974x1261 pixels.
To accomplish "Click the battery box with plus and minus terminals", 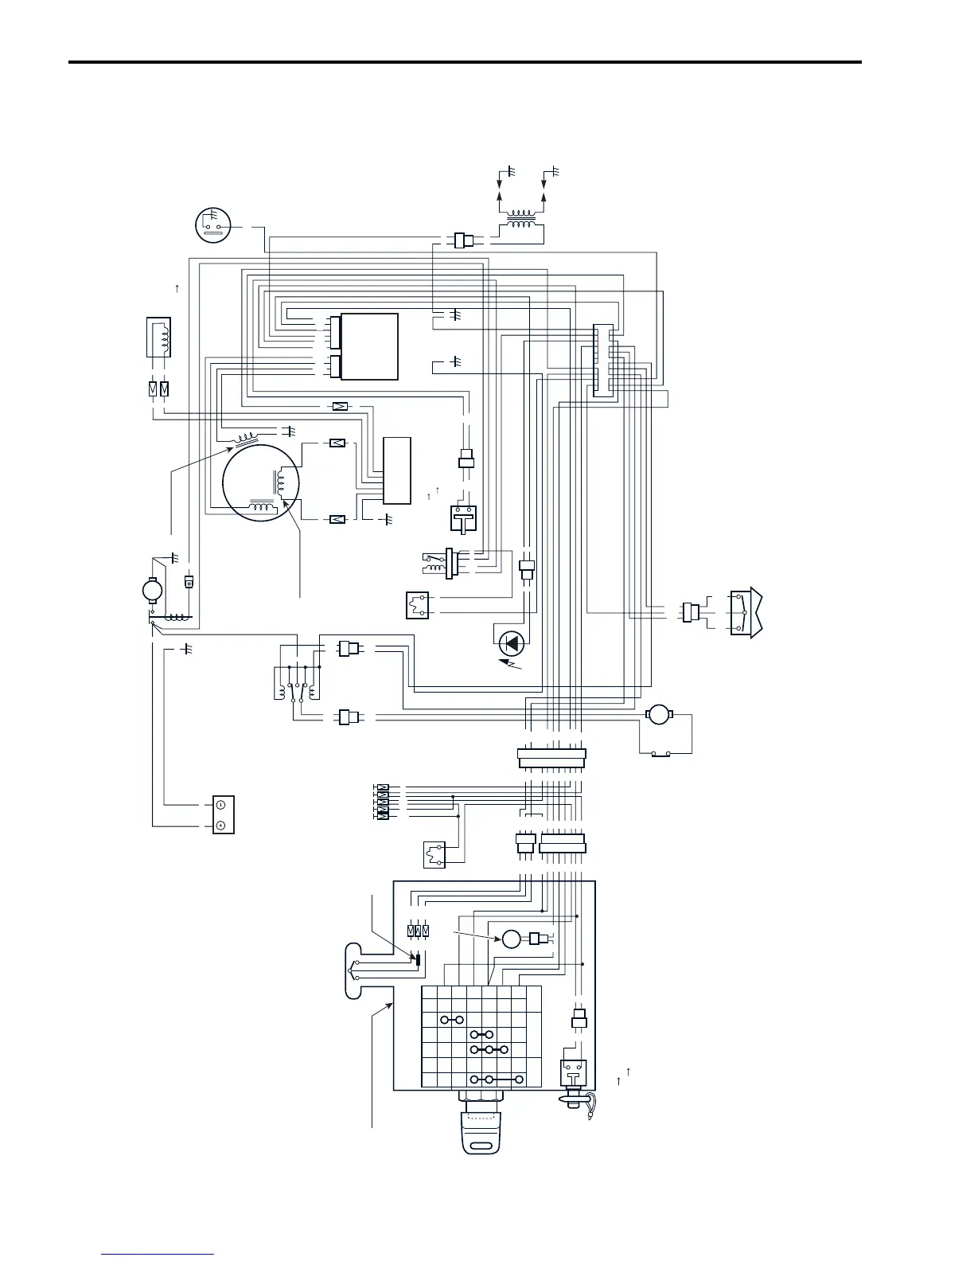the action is (223, 814).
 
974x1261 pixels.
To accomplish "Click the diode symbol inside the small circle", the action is (511, 642).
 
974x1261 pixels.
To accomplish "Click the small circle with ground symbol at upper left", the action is (213, 224).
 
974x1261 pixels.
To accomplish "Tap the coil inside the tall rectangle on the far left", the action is (158, 338).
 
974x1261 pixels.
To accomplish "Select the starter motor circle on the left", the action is (152, 590).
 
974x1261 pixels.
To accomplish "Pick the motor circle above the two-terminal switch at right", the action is (658, 714).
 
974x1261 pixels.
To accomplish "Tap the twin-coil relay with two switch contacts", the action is (298, 687).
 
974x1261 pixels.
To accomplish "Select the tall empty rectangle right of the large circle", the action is (397, 470).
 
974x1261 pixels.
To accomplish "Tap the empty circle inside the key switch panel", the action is (511, 939).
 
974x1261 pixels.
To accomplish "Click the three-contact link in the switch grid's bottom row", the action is (497, 1079).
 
